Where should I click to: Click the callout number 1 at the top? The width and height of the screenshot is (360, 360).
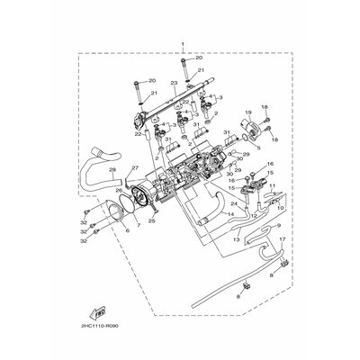coord(184,44)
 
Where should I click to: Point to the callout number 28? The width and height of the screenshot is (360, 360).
coord(112,170)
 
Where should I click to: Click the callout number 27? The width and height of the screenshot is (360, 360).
coord(135,168)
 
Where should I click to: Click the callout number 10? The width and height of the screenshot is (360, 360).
coord(280,208)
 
